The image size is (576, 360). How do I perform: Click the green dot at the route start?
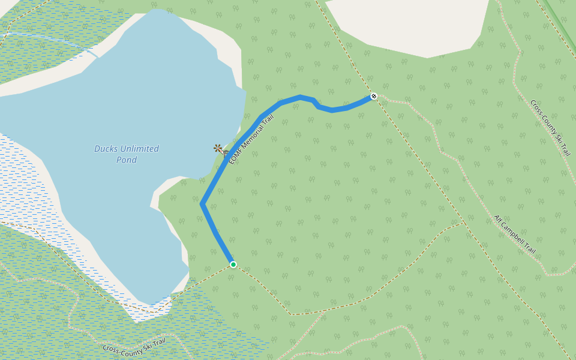[233, 265]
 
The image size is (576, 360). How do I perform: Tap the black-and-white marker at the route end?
[373, 96]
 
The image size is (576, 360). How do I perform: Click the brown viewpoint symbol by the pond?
[218, 148]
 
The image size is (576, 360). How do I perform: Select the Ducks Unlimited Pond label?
[127, 154]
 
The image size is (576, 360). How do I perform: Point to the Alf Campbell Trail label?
[514, 234]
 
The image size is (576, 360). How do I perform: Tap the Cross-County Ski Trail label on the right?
[550, 127]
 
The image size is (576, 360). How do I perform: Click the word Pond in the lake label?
[127, 160]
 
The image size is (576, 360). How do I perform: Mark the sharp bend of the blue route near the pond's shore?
[203, 205]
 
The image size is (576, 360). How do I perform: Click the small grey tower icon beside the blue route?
[226, 153]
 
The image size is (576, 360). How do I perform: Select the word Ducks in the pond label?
[106, 149]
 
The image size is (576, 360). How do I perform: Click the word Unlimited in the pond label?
[139, 149]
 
